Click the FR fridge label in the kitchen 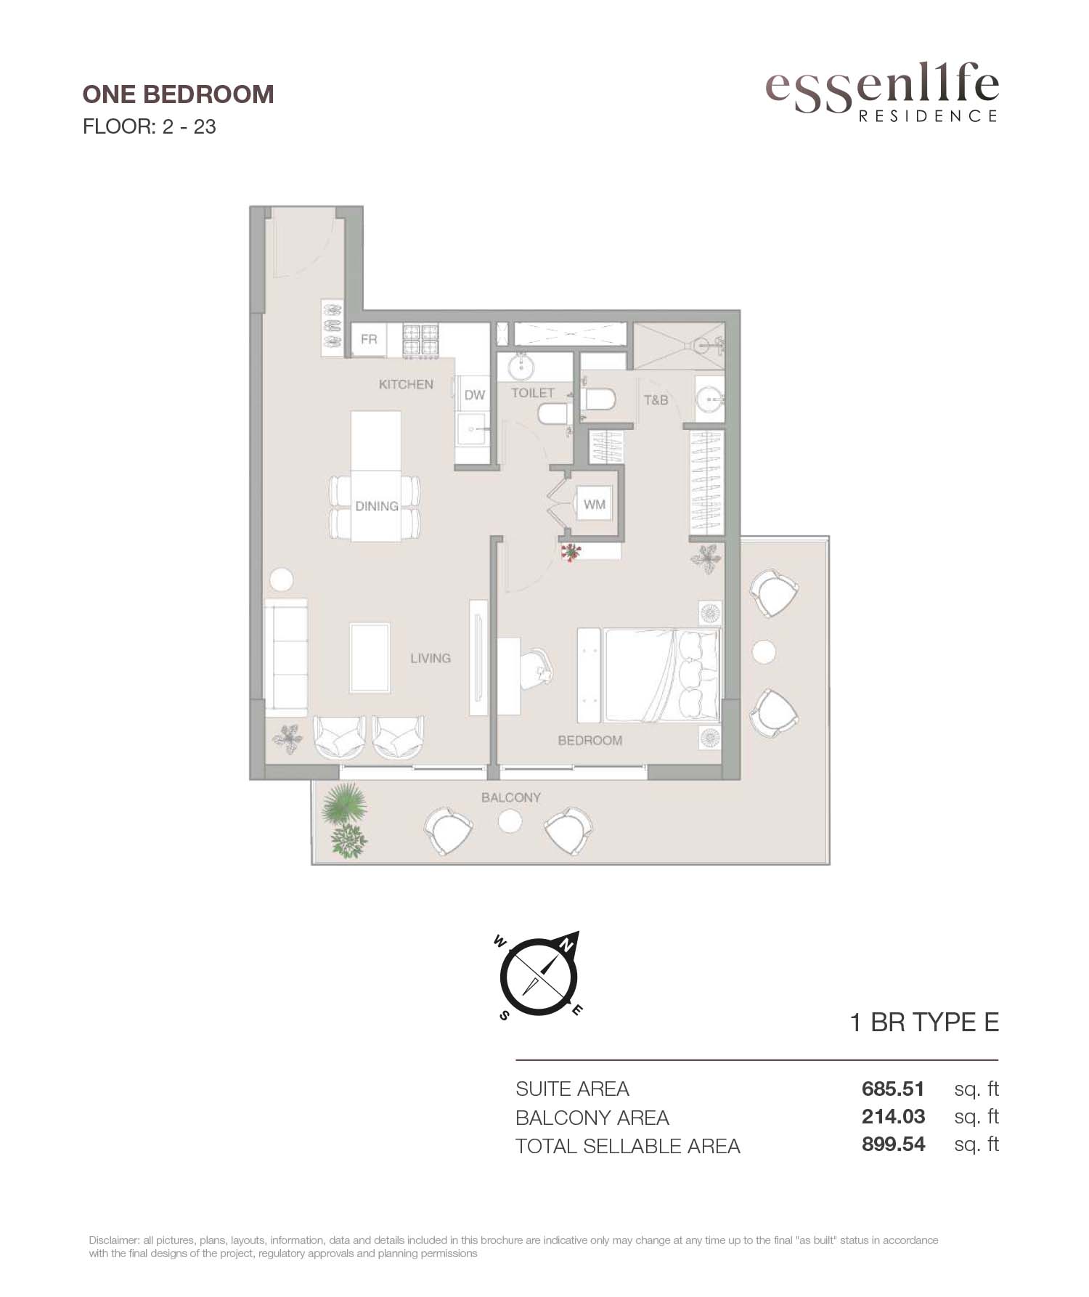[x=369, y=339]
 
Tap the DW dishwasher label [x=475, y=395]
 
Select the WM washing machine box [x=595, y=504]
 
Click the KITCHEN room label [x=406, y=384]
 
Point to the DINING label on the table [x=377, y=506]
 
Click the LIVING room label [x=431, y=658]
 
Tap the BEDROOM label [x=590, y=740]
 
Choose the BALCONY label [x=511, y=797]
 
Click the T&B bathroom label [x=656, y=399]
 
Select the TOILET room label [x=533, y=392]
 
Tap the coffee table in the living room [x=370, y=658]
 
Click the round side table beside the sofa [x=281, y=580]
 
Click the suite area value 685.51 [x=893, y=1089]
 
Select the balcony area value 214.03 [x=893, y=1116]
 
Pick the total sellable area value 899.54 [x=893, y=1144]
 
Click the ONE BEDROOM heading [x=178, y=94]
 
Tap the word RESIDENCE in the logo [x=928, y=115]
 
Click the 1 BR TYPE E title [x=924, y=1022]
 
